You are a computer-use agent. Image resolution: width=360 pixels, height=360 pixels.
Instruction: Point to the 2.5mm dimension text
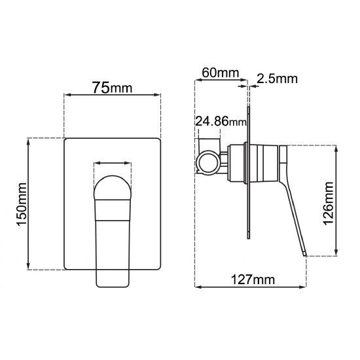tap(278, 79)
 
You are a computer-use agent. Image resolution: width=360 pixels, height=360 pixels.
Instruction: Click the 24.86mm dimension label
tap(221, 121)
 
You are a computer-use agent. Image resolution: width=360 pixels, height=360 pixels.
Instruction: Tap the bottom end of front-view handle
tap(113, 283)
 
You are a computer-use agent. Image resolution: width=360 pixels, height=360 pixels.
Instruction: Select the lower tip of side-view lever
tap(303, 254)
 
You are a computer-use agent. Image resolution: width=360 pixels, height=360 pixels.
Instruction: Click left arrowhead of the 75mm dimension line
tap(66, 97)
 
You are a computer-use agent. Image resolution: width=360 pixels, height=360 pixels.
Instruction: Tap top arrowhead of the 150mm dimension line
tap(28, 141)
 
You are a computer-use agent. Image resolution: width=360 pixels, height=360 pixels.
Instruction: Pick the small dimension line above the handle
tap(113, 164)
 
